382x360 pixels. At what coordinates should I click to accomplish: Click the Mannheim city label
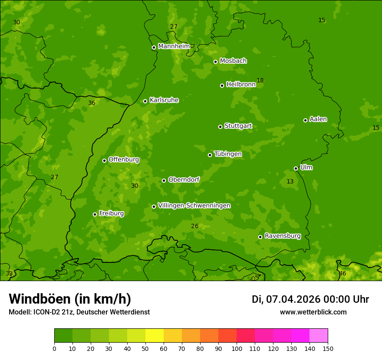[174, 46]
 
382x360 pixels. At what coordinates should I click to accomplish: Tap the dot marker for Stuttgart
[220, 127]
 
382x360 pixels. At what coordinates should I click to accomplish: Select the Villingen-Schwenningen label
[194, 206]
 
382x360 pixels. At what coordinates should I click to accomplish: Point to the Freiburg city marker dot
[95, 214]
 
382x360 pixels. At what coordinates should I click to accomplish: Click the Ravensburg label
[283, 236]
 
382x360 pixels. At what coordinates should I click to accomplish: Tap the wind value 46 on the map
[342, 273]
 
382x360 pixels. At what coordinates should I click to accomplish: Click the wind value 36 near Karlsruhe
[92, 103]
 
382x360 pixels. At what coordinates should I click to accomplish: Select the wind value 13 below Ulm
[290, 181]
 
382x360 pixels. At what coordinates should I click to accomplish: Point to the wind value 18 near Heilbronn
[260, 80]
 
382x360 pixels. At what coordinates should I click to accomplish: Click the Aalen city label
[318, 119]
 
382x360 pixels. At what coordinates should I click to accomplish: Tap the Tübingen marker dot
[210, 155]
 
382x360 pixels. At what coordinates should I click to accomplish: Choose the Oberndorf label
[184, 180]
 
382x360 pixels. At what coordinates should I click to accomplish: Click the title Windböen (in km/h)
[70, 299]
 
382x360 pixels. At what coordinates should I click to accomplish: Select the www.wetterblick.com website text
[313, 312]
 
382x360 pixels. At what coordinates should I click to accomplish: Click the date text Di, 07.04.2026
[286, 299]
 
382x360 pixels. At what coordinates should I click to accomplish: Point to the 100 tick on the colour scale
[237, 348]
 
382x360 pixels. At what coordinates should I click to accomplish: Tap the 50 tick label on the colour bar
[145, 348]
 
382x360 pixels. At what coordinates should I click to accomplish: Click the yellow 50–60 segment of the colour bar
[155, 335]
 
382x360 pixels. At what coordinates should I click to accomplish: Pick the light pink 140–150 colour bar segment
[319, 335]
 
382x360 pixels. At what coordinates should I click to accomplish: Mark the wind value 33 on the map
[9, 273]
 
